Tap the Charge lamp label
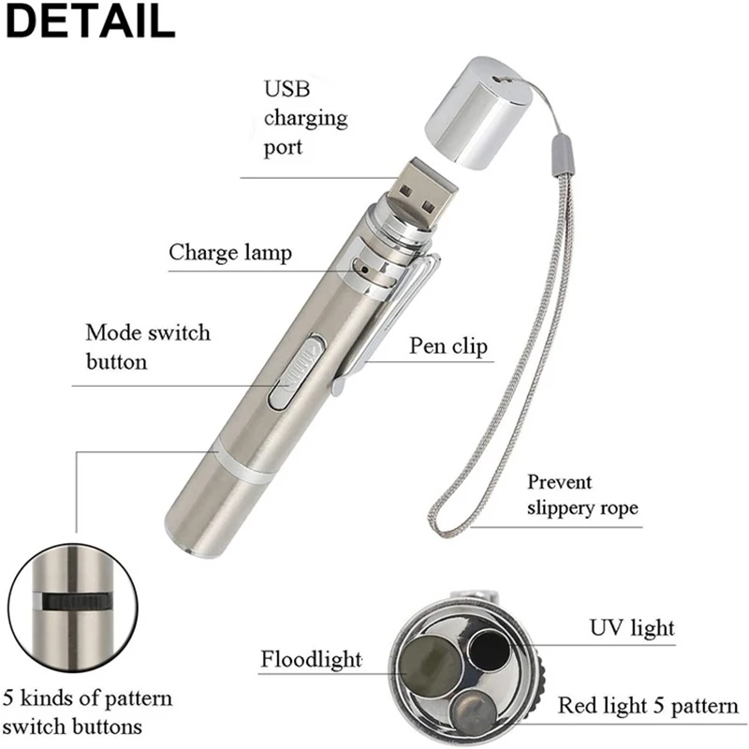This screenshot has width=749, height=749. pos(230,252)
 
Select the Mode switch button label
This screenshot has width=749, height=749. pos(148,346)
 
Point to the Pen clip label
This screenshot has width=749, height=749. pos(448,346)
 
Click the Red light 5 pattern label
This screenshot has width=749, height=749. pos(648,705)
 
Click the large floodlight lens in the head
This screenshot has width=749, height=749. pos(422,666)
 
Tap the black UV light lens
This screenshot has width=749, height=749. pos(488,648)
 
